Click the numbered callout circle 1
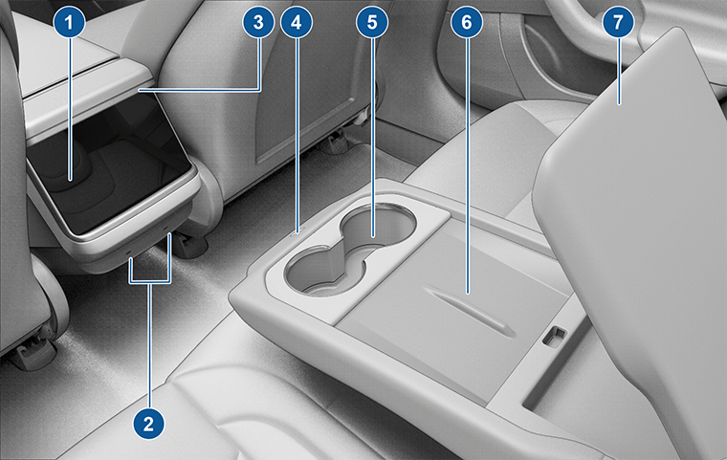[x=69, y=22]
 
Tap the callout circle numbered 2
[x=148, y=424]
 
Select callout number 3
[x=258, y=22]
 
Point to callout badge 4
[x=297, y=22]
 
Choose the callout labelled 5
[x=372, y=22]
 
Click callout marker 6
[x=467, y=22]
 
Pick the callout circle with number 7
[x=618, y=22]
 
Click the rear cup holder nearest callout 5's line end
[x=377, y=225]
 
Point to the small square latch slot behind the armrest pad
[x=555, y=336]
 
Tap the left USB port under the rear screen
[x=130, y=252]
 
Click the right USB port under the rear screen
[x=166, y=229]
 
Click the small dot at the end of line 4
[x=297, y=230]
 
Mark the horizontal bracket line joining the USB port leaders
[x=150, y=281]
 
